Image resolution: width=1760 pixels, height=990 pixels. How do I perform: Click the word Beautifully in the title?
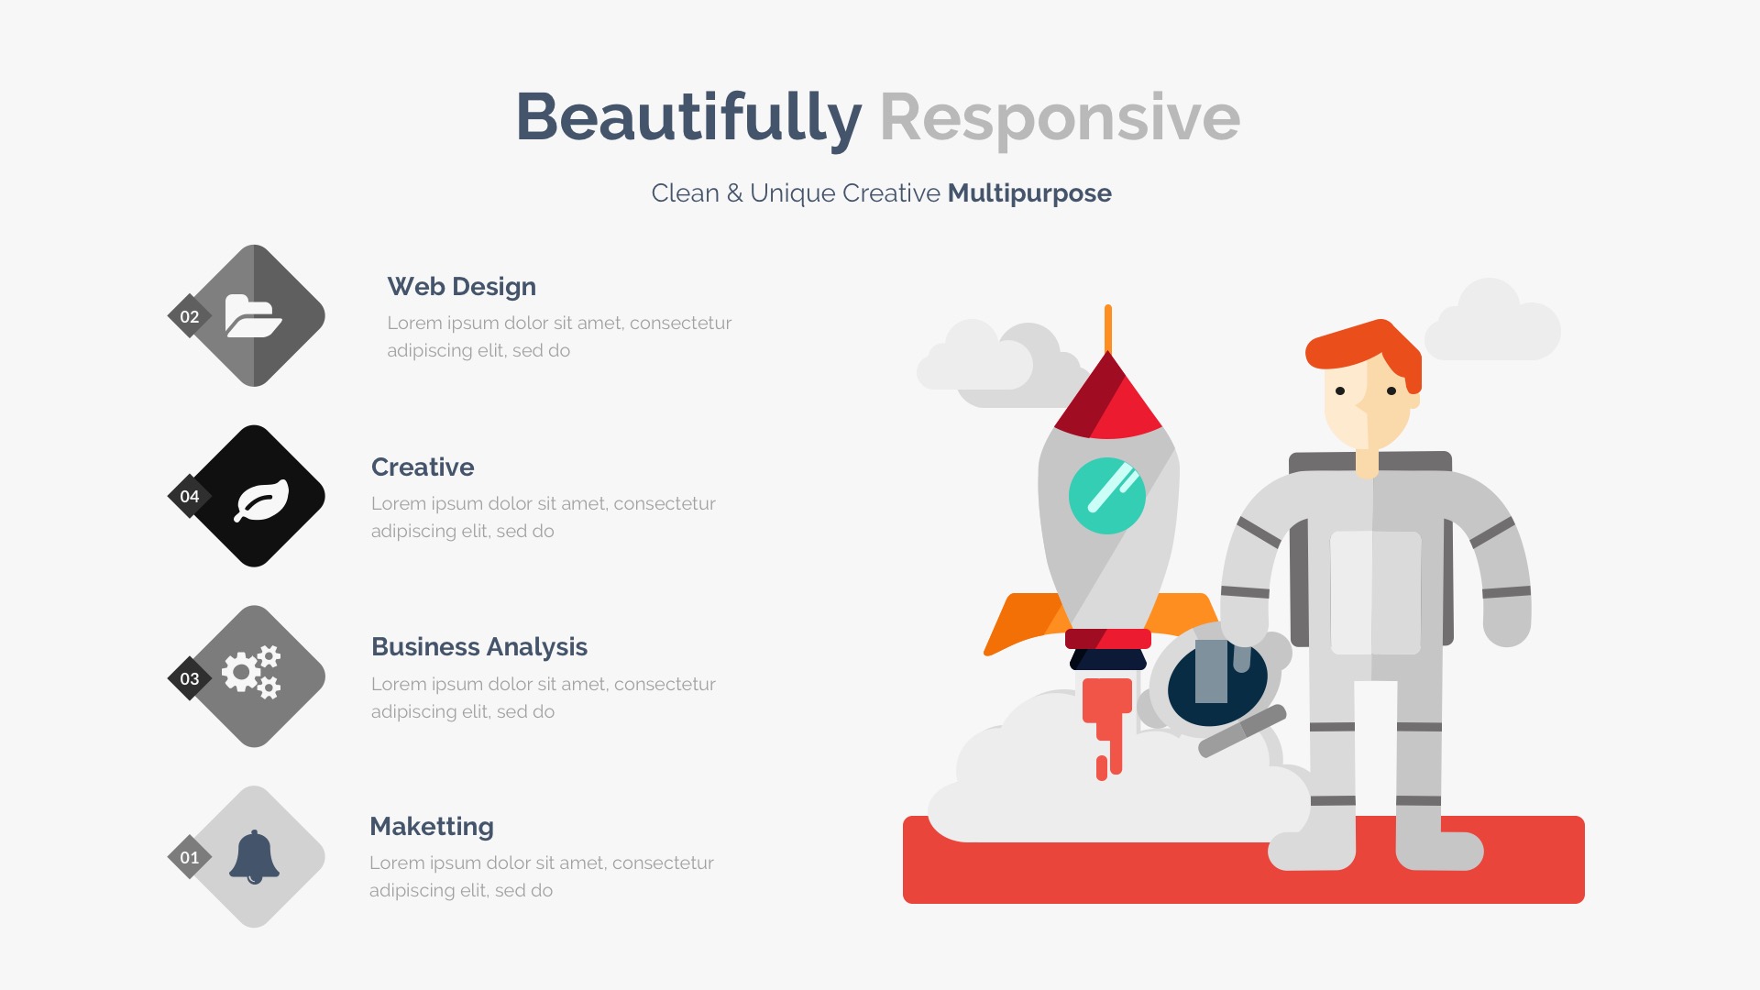[688, 118]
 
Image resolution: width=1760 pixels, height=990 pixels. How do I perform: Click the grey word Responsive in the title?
[1060, 118]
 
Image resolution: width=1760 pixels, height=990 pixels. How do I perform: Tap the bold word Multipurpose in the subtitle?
[1029, 193]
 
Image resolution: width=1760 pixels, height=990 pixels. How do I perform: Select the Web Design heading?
[461, 287]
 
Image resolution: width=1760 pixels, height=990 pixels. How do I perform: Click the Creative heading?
[423, 467]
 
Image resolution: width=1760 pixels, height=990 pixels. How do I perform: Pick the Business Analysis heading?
[479, 647]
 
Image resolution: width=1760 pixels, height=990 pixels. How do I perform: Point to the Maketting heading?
[432, 827]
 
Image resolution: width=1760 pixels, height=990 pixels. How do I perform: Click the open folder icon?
[253, 316]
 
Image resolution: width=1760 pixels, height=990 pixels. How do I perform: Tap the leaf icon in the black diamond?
[261, 500]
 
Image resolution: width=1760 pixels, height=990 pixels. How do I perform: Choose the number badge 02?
[190, 316]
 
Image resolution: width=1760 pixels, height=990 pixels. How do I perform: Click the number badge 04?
[190, 497]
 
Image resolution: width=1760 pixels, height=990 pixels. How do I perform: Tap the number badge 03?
[190, 678]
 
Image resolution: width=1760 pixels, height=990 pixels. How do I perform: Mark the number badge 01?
[190, 858]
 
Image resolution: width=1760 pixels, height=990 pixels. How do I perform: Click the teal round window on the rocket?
[1107, 496]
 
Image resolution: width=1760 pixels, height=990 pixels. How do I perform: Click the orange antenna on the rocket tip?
[1108, 328]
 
